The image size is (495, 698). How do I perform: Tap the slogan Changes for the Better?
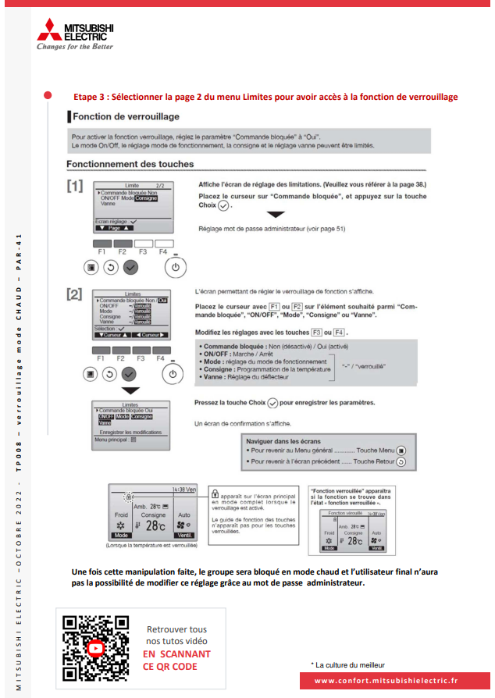(x=74, y=46)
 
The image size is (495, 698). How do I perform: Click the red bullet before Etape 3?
(x=48, y=95)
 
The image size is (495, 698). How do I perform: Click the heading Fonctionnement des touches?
(x=130, y=164)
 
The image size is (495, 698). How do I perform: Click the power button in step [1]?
(x=176, y=266)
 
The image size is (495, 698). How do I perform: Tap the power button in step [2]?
(x=172, y=374)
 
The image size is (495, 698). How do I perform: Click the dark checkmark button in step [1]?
(x=130, y=266)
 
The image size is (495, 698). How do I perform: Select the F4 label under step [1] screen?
(x=162, y=252)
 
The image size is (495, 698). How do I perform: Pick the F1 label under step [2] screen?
(x=100, y=358)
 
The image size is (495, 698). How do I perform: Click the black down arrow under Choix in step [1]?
(x=276, y=214)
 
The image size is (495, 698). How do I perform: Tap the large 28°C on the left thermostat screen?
(x=155, y=525)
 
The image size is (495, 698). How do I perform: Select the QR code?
(x=95, y=648)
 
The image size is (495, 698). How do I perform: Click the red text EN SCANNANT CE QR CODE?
(x=176, y=660)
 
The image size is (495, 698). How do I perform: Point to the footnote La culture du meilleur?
(x=350, y=665)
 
